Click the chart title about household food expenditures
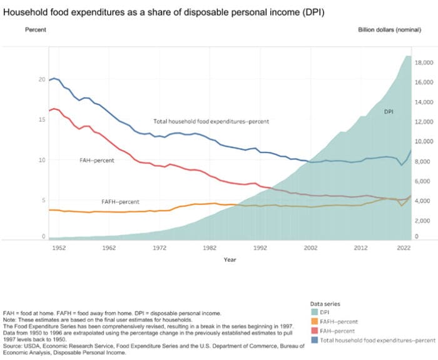[x=164, y=12]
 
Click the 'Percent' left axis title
[x=36, y=30]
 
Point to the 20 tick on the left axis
[x=42, y=79]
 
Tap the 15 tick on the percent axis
[x=42, y=119]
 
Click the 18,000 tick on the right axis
[x=425, y=62]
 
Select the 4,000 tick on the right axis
[x=425, y=201]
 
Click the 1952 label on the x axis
[x=59, y=248]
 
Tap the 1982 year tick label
[x=210, y=248]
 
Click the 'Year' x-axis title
[x=230, y=260]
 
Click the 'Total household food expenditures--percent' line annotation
[x=211, y=121]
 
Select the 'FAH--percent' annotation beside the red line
[x=97, y=161]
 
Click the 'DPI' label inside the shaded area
[x=389, y=112]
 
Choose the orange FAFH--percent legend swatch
[x=314, y=322]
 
